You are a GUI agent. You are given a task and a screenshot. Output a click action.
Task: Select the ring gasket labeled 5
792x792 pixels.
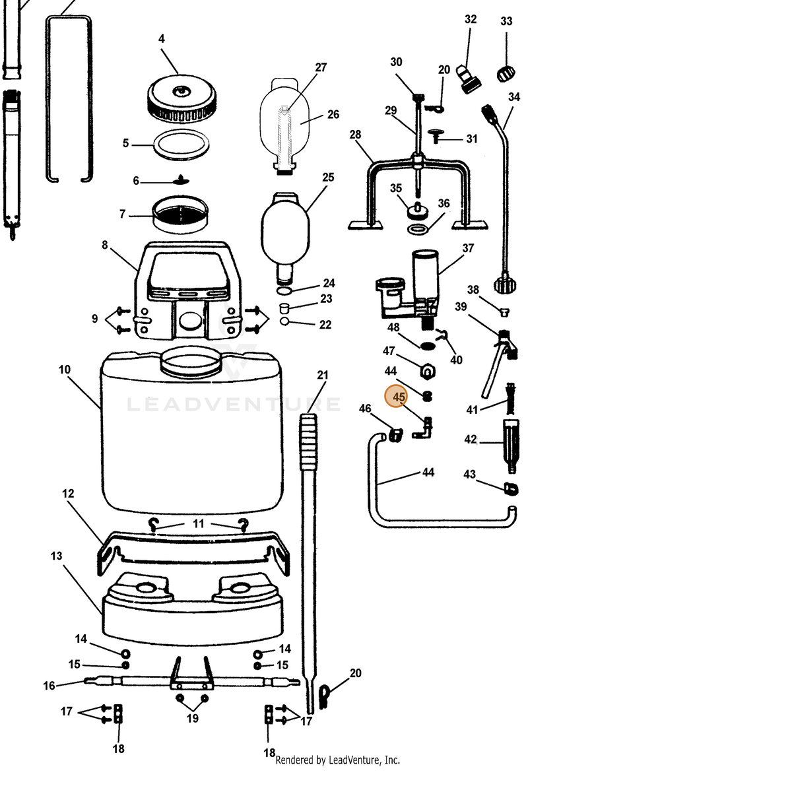181,145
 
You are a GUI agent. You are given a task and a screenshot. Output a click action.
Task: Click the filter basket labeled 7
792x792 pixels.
180,214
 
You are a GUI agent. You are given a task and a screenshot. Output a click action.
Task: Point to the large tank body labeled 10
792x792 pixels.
192,431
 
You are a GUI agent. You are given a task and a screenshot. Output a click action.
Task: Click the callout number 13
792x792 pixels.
56,556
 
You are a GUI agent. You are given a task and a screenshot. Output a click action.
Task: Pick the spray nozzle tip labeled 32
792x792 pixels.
468,79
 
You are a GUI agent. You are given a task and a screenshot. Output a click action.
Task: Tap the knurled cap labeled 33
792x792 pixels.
506,73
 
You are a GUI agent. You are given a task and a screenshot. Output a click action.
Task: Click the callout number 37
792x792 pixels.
468,248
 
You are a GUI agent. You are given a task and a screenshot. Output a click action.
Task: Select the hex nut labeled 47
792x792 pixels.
428,371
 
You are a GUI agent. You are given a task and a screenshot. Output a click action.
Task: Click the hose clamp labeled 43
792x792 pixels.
511,488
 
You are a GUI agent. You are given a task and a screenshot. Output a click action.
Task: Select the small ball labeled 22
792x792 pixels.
284,321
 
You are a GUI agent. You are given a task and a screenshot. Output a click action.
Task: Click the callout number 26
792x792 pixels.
333,114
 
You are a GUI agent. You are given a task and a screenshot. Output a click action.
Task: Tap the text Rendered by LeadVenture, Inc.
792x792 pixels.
337,760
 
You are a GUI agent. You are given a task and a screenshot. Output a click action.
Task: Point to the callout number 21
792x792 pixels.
323,375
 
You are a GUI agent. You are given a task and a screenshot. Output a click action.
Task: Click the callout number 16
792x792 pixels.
49,686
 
